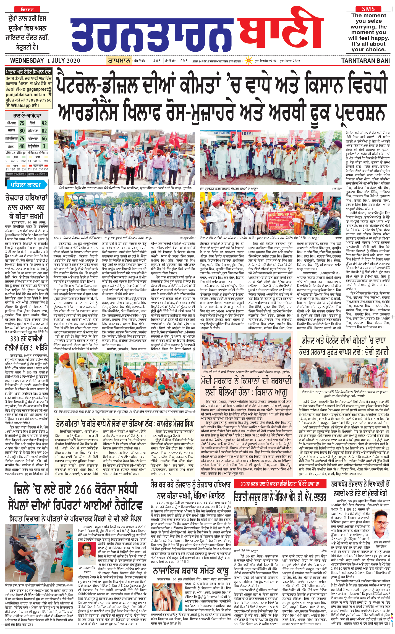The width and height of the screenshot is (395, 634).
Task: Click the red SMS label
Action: pyautogui.click(x=368, y=9)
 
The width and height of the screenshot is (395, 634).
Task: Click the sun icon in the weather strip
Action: pyautogui.click(x=249, y=60)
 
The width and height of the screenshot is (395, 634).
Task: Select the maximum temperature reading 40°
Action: pyautogui.click(x=157, y=61)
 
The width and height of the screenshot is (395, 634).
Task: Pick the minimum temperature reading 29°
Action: pyautogui.click(x=184, y=61)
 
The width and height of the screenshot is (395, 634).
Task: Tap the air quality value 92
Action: pyautogui.click(x=44, y=123)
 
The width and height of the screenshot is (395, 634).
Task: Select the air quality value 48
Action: pyautogui.click(x=22, y=146)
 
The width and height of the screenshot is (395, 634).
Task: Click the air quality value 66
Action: pyautogui.click(x=44, y=138)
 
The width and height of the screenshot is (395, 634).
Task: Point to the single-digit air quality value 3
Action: pyautogui.click(x=44, y=146)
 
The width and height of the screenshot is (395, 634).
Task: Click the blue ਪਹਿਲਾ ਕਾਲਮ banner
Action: pyautogui.click(x=25, y=185)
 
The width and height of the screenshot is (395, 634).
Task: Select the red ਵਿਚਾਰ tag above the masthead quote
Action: pyautogui.click(x=27, y=10)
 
